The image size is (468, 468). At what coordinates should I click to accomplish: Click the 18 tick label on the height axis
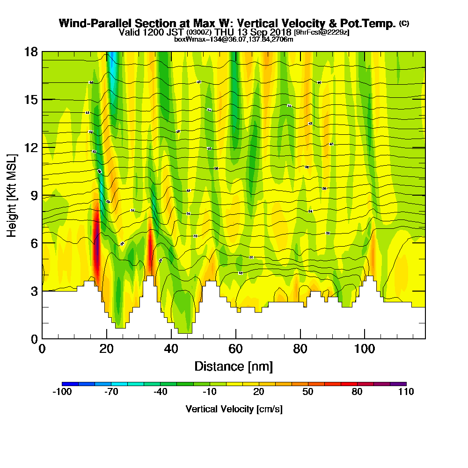[31, 51]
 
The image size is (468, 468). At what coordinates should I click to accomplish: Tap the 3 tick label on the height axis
[34, 291]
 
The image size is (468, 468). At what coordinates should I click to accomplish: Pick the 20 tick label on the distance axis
[107, 349]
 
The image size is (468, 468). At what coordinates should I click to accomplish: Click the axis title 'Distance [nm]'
[234, 366]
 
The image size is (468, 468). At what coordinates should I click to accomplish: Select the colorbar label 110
[406, 392]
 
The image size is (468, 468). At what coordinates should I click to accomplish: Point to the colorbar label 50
[307, 392]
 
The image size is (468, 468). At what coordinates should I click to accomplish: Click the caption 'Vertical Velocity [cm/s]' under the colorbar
[234, 409]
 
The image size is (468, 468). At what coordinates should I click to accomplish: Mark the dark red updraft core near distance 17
[97, 248]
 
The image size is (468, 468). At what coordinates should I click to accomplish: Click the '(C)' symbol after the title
[404, 23]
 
